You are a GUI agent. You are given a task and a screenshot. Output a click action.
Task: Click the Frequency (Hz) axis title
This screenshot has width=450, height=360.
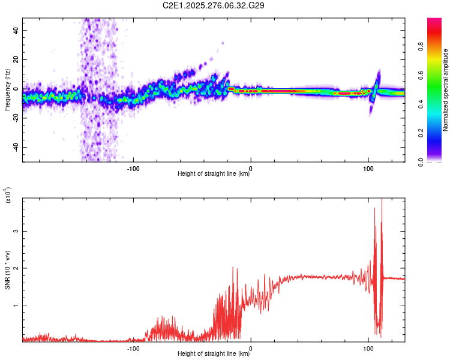(x=7, y=89)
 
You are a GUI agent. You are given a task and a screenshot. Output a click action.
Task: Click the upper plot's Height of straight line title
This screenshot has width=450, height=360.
(x=213, y=174)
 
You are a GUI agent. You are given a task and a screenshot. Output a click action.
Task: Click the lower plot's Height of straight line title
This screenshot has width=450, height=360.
(x=213, y=353)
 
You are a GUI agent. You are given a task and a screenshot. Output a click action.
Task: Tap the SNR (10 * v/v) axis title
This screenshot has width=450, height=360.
(x=7, y=269)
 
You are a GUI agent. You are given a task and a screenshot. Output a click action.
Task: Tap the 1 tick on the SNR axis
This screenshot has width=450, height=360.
(x=17, y=305)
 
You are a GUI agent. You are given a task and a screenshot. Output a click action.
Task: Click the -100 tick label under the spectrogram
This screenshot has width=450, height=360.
(x=133, y=168)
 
